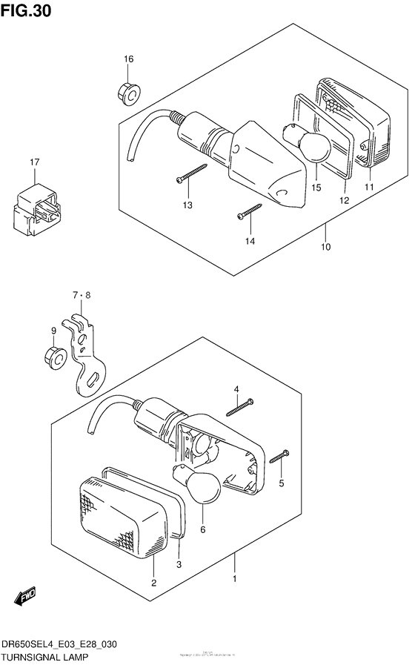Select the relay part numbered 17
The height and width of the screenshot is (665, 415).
tap(33, 205)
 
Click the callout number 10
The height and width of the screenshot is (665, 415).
tap(325, 247)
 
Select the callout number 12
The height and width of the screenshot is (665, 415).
tap(344, 200)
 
